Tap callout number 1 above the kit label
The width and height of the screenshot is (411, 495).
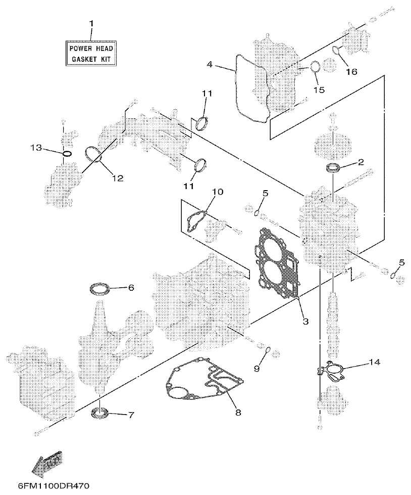(x=91, y=23)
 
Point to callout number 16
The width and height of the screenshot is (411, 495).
(x=351, y=72)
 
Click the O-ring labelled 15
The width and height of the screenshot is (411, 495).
(x=315, y=67)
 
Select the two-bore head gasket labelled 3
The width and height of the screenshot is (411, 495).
(x=275, y=263)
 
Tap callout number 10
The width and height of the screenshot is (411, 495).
(x=217, y=192)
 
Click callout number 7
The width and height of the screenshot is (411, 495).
(x=130, y=415)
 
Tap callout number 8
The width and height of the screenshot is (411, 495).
(x=238, y=412)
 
